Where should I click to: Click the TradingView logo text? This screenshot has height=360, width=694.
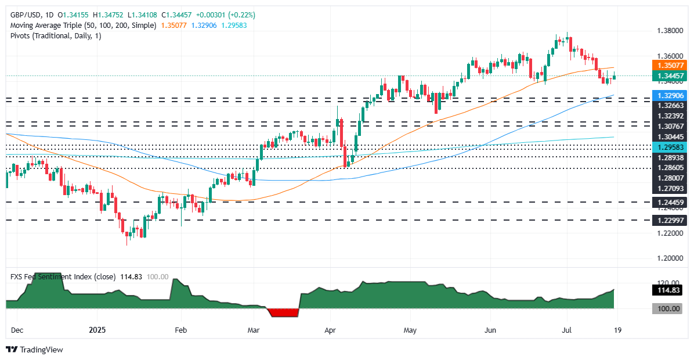pyautogui.click(x=41, y=350)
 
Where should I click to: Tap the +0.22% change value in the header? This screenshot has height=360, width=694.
pyautogui.click(x=243, y=15)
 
